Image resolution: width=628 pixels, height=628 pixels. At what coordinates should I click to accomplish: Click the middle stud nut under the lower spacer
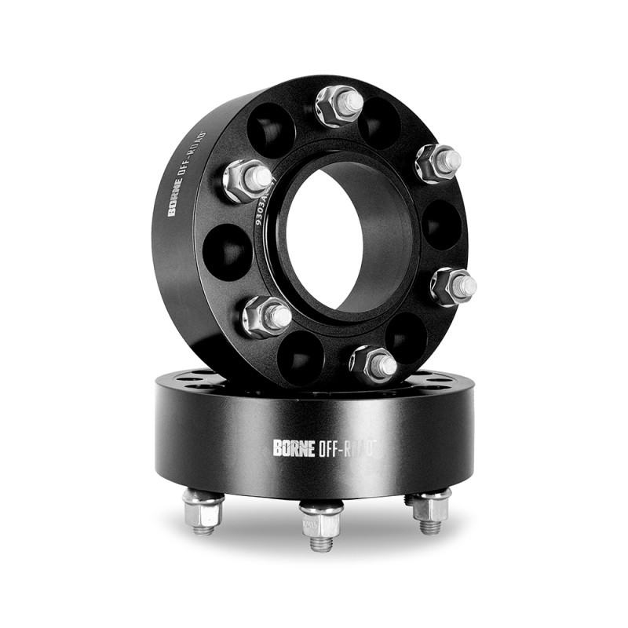[321, 520]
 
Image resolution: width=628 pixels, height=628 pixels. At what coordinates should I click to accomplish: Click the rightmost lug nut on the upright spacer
[454, 286]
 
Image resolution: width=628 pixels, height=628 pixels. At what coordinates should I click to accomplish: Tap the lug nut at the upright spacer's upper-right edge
[436, 162]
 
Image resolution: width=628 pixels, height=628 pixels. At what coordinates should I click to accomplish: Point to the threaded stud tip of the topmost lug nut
[351, 101]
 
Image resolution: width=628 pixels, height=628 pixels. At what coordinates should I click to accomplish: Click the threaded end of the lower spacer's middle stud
[321, 542]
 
